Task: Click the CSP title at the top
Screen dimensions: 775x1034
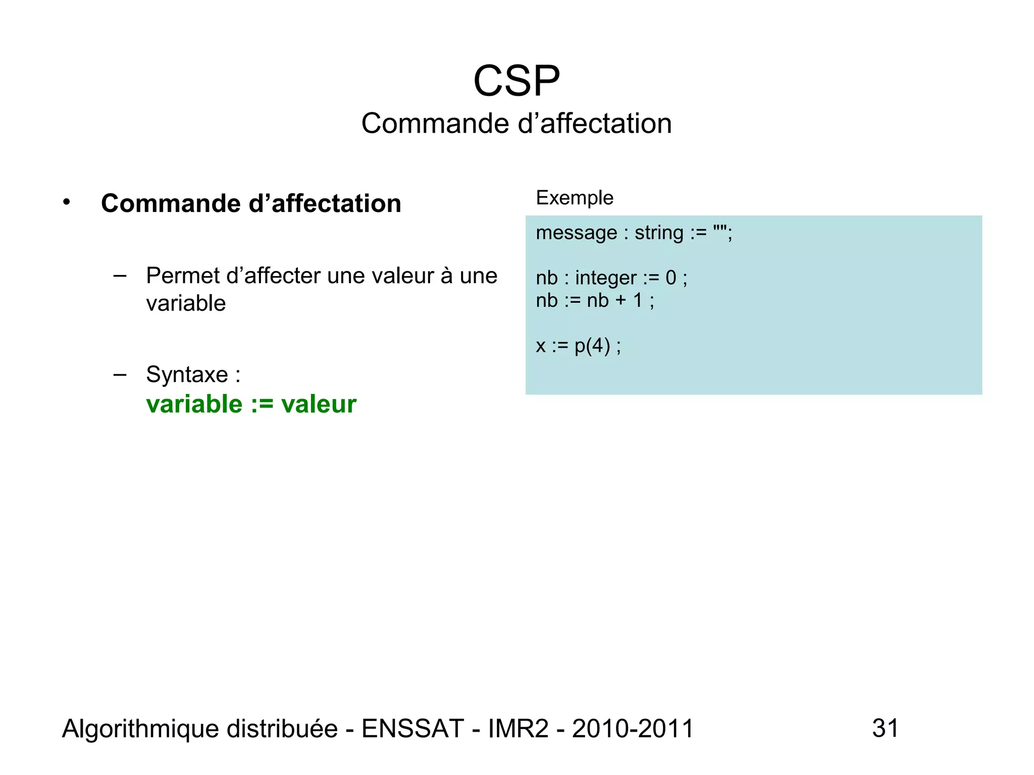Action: [x=516, y=81]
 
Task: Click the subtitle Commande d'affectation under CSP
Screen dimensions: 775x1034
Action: [x=516, y=124]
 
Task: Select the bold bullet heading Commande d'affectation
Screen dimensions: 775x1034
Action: [x=251, y=203]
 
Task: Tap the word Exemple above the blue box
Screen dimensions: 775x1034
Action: [x=575, y=198]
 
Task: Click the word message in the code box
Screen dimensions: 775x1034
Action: [x=576, y=233]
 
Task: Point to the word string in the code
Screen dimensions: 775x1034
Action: [x=659, y=233]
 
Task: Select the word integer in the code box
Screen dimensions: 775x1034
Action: [x=605, y=278]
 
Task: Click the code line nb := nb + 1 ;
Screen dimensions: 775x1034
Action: [x=595, y=301]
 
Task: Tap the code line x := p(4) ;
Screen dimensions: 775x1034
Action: [x=578, y=346]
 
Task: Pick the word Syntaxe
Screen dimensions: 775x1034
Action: [x=187, y=375]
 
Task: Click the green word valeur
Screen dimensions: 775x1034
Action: [x=319, y=404]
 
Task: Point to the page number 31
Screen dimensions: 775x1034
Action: [x=886, y=728]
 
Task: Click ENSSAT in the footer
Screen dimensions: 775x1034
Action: [x=412, y=729]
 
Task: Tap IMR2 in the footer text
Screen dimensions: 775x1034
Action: [x=518, y=729]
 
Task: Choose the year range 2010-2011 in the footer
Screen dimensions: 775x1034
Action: [x=633, y=729]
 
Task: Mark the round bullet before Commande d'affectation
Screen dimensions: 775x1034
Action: [x=67, y=202]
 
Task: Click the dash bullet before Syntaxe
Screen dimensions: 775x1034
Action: [x=120, y=374]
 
